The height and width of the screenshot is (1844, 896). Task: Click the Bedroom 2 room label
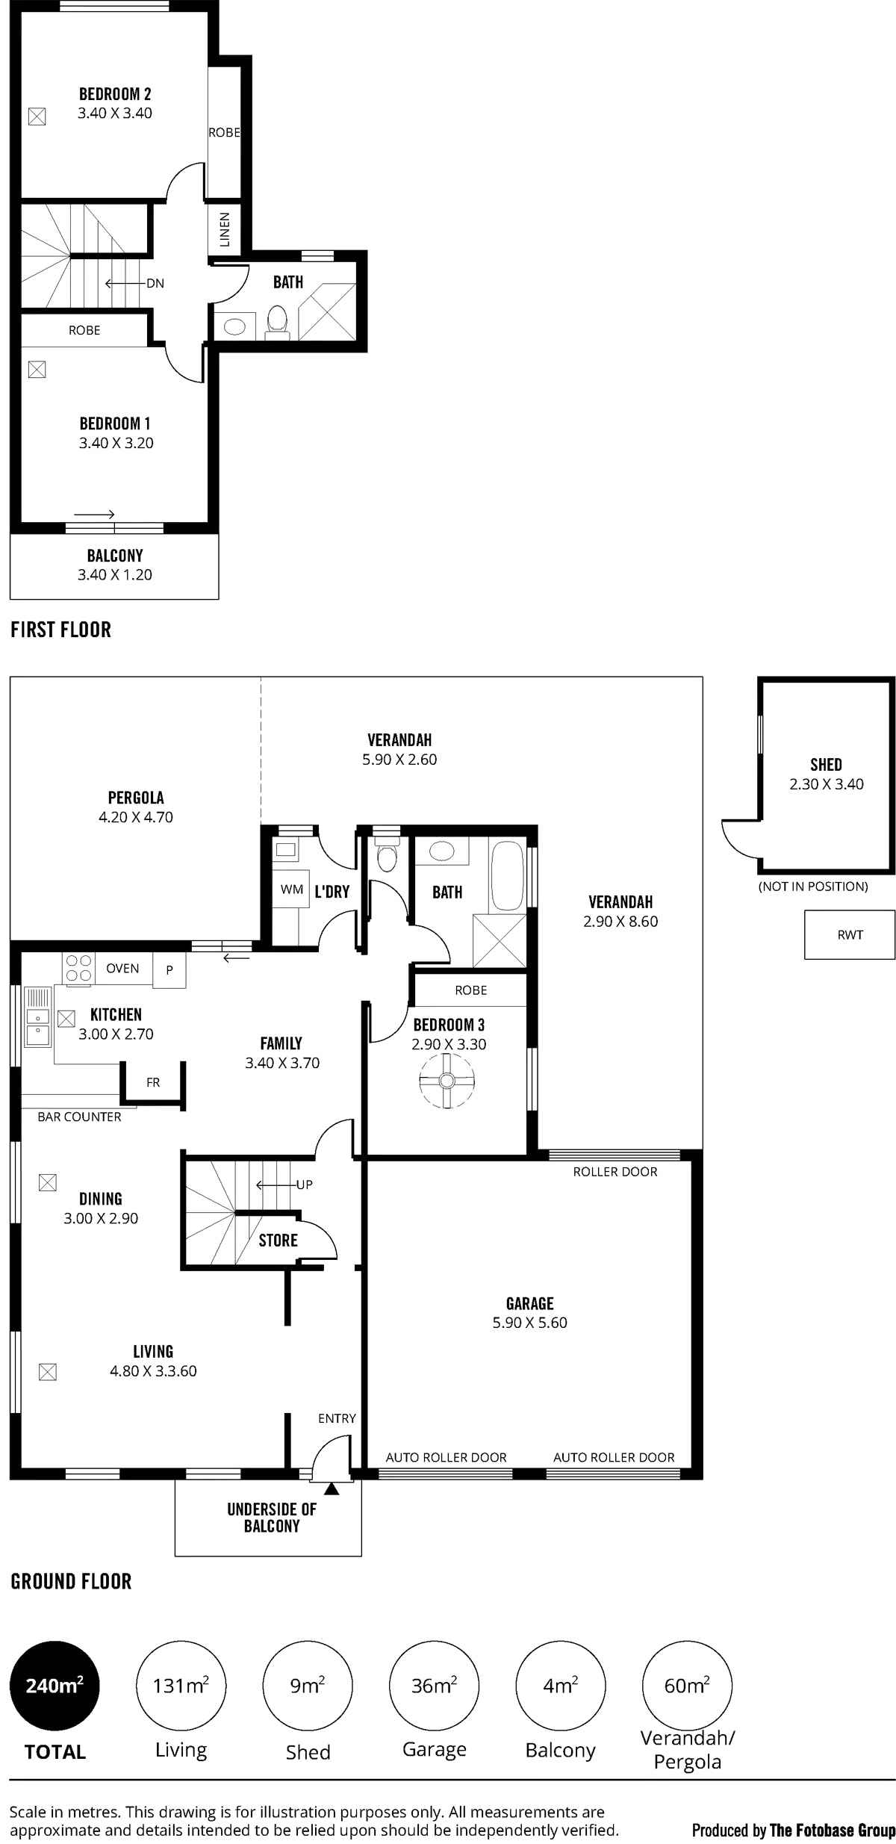pyautogui.click(x=116, y=94)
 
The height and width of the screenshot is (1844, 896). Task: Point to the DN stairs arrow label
pyautogui.click(x=155, y=283)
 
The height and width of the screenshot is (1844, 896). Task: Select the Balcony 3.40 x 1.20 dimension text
pyautogui.click(x=116, y=575)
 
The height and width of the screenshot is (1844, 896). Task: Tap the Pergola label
pyautogui.click(x=136, y=798)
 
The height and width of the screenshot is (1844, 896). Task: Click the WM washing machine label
pyautogui.click(x=290, y=890)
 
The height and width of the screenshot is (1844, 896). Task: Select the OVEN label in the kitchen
pyautogui.click(x=123, y=968)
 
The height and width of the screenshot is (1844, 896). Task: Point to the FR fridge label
pyautogui.click(x=153, y=1081)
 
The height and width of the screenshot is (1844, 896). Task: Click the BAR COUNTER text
pyautogui.click(x=79, y=1117)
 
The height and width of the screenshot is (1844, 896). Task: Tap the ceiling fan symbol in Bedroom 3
pyautogui.click(x=447, y=1081)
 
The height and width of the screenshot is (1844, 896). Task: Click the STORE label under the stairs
pyautogui.click(x=279, y=1241)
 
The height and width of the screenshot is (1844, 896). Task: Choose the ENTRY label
pyautogui.click(x=337, y=1418)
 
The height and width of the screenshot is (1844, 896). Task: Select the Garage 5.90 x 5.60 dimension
pyautogui.click(x=529, y=1323)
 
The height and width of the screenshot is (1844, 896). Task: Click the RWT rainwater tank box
pyautogui.click(x=849, y=934)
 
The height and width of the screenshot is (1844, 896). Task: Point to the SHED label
pyautogui.click(x=826, y=764)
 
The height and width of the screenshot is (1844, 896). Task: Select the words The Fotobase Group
pyautogui.click(x=832, y=1829)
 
